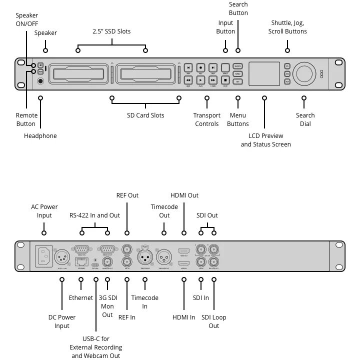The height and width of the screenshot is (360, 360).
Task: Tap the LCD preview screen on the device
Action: click(x=264, y=73)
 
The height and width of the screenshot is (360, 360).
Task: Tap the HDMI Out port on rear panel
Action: click(x=184, y=249)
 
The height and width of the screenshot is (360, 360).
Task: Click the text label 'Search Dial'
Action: click(x=305, y=119)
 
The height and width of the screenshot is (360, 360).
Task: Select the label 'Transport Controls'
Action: click(x=207, y=119)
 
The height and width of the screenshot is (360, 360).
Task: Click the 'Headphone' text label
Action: click(x=40, y=136)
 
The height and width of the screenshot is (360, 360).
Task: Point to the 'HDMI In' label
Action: click(x=184, y=317)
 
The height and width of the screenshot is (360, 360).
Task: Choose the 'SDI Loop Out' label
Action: click(x=214, y=321)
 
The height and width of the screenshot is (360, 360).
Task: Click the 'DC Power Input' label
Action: click(x=62, y=321)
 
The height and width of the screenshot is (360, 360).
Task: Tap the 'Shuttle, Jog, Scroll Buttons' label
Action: click(x=287, y=27)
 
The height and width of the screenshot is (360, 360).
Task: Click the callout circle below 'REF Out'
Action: click(x=127, y=232)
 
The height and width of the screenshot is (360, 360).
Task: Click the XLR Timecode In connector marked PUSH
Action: click(x=145, y=258)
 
